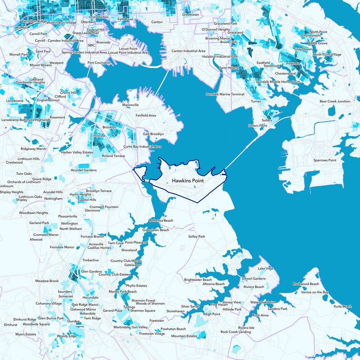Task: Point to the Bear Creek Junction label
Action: (x=334, y=101)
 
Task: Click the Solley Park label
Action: (x=197, y=236)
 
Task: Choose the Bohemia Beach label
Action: (x=161, y=220)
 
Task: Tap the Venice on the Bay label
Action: (x=315, y=292)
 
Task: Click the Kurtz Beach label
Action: (x=343, y=306)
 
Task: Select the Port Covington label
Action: (x=99, y=63)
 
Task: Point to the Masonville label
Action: (x=130, y=105)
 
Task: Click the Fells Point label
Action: (x=126, y=20)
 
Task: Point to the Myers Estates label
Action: (x=26, y=334)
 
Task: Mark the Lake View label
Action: (x=265, y=269)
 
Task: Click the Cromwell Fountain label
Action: (x=104, y=207)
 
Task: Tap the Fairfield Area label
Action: (x=146, y=116)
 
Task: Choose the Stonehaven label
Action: (x=175, y=311)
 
